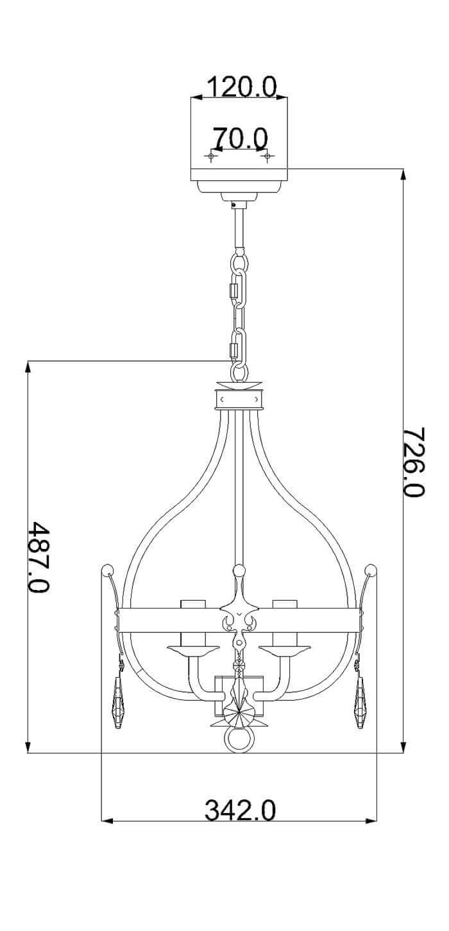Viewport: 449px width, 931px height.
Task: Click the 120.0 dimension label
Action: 242,87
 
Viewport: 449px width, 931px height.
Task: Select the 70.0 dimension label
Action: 241,138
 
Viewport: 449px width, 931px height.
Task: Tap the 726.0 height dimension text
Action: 414,462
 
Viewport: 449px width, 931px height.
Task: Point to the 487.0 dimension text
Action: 38,557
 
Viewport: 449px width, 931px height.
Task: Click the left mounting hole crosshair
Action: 211,156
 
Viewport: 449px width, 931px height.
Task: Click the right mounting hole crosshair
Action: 266,156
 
